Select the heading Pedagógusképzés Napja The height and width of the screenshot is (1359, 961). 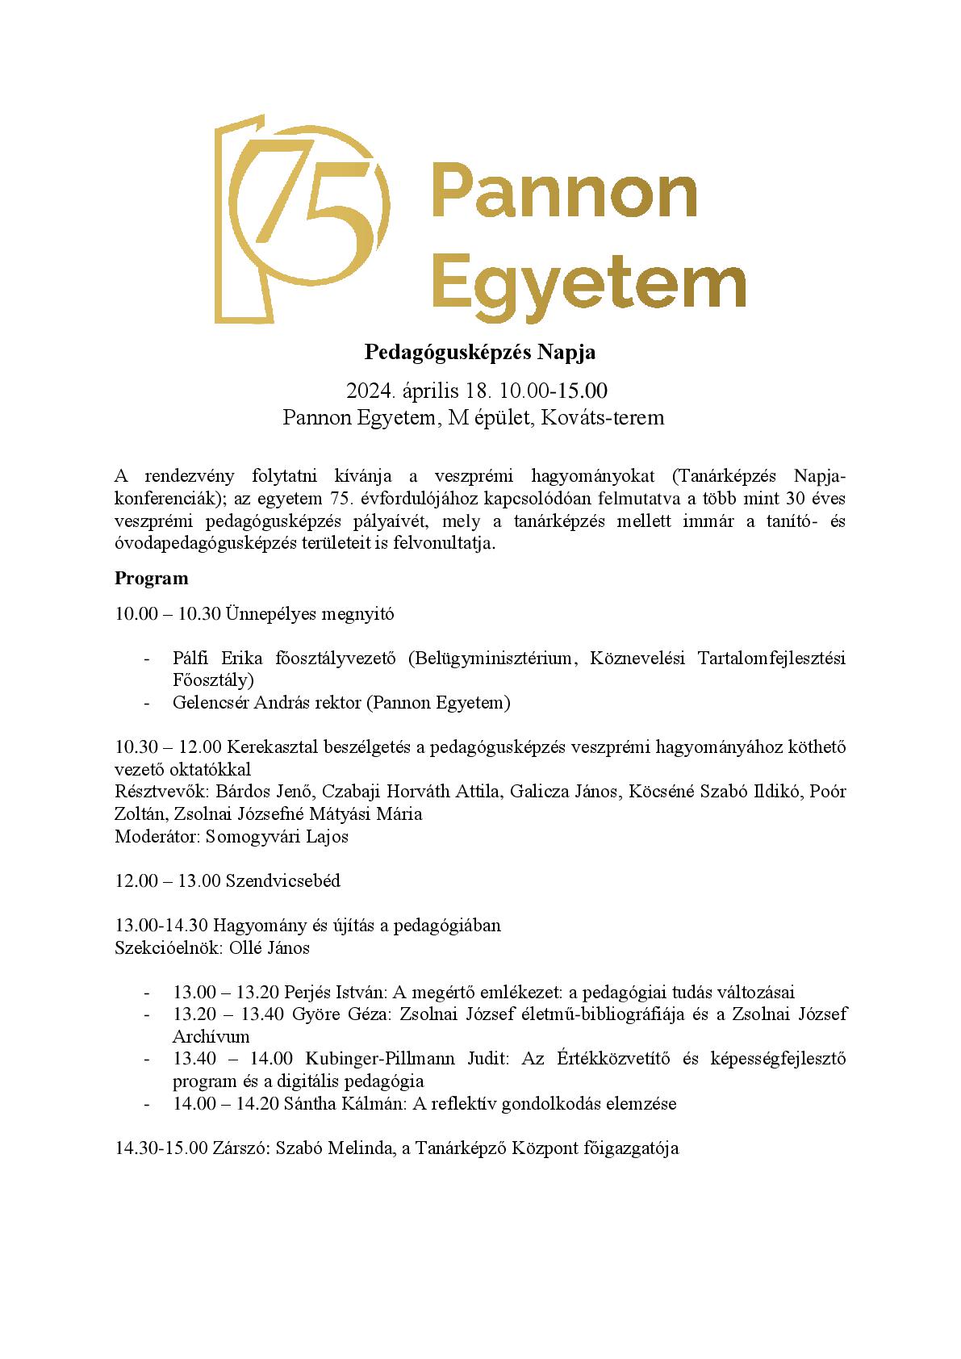[x=480, y=353]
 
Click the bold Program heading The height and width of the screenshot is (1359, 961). [x=151, y=579]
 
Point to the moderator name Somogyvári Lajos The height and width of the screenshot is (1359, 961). [x=277, y=836]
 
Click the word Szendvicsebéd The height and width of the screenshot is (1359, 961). [x=282, y=880]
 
